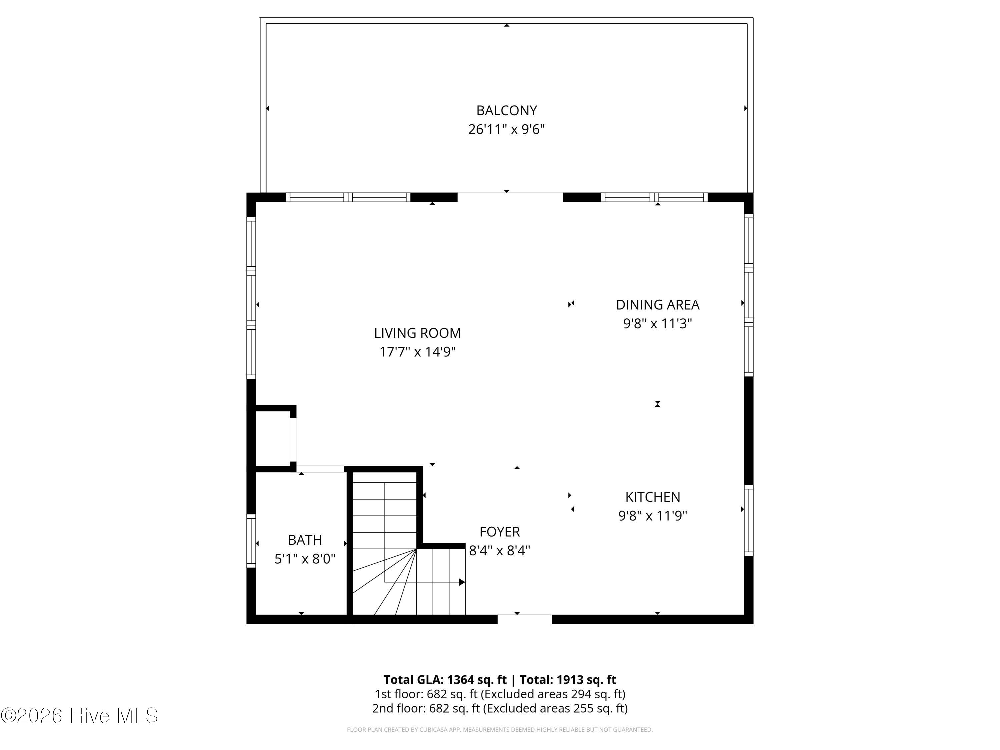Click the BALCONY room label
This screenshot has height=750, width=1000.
[x=506, y=110]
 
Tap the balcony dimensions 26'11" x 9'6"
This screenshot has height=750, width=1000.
[x=506, y=129]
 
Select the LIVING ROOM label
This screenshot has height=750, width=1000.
[x=417, y=333]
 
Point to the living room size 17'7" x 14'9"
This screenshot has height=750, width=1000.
[x=417, y=352]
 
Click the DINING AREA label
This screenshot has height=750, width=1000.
[x=657, y=305]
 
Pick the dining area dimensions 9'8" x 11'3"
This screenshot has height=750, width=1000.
[x=657, y=324]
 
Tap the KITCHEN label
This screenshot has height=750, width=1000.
[x=652, y=497]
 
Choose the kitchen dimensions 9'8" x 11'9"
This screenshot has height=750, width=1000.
[x=652, y=516]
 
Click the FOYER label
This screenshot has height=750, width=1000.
[x=500, y=532]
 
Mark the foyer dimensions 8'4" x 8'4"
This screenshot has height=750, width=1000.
[x=500, y=551]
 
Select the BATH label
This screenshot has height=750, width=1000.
[x=305, y=540]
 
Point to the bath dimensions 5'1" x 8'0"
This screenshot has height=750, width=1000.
[x=305, y=559]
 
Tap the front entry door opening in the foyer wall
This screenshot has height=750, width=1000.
[x=524, y=619]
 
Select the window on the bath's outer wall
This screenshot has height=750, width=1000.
[x=251, y=540]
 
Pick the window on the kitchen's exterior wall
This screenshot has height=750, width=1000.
[x=749, y=520]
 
